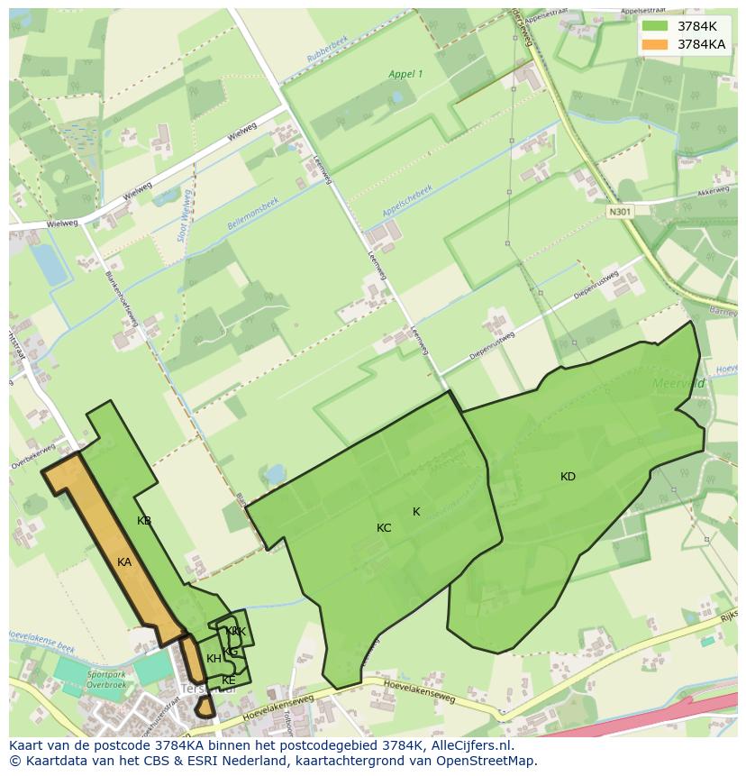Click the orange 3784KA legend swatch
click(x=655, y=44)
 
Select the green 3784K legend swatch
click(x=655, y=26)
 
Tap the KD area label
click(x=568, y=477)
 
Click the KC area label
click(x=384, y=528)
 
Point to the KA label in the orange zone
click(x=124, y=562)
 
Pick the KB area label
click(x=144, y=521)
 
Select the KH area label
click(x=214, y=659)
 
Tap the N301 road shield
click(x=620, y=212)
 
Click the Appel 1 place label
click(x=405, y=74)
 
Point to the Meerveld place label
click(x=678, y=383)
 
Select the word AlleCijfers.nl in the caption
click(x=469, y=746)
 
